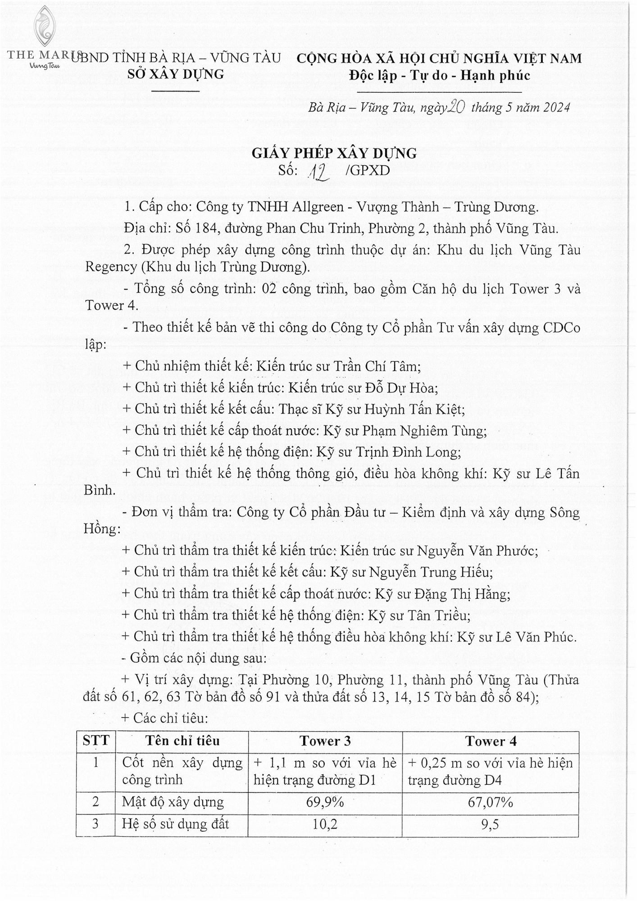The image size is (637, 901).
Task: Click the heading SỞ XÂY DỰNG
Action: (176, 74)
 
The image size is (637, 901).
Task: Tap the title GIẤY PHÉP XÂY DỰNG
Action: (334, 154)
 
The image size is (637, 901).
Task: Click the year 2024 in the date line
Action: (555, 108)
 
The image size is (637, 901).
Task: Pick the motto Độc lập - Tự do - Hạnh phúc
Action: (439, 75)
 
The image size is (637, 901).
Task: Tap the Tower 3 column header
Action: (325, 741)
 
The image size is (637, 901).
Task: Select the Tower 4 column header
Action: (491, 741)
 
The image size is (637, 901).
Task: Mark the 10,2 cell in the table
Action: (325, 824)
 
